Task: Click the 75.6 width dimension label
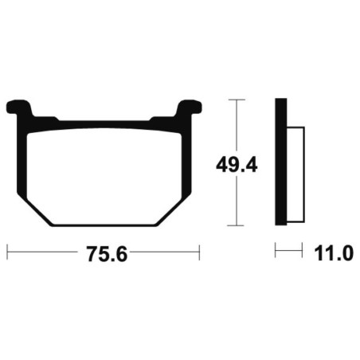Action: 107,254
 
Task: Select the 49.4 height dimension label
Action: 237,165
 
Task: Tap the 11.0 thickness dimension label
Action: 334,253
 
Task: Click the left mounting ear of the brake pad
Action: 19,108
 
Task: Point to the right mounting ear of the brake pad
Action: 189,108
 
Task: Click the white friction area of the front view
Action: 104,176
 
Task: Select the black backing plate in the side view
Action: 281,162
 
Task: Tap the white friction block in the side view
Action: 295,174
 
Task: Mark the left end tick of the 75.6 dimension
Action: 7,252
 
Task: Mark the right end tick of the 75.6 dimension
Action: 199,252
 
